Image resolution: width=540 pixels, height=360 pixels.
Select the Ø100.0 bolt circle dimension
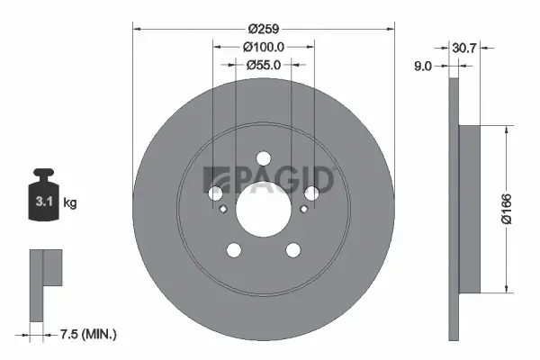pos(264,46)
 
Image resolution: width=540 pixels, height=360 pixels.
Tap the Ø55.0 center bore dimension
pos(264,65)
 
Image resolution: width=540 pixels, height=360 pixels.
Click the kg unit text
pos(70,203)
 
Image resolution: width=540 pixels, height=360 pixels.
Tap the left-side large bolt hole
pos(216,193)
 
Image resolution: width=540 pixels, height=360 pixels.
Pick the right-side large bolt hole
pos(311,193)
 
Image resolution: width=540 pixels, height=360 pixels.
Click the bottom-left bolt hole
pos(234,250)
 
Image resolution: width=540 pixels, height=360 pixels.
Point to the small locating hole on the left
pos(222,210)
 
